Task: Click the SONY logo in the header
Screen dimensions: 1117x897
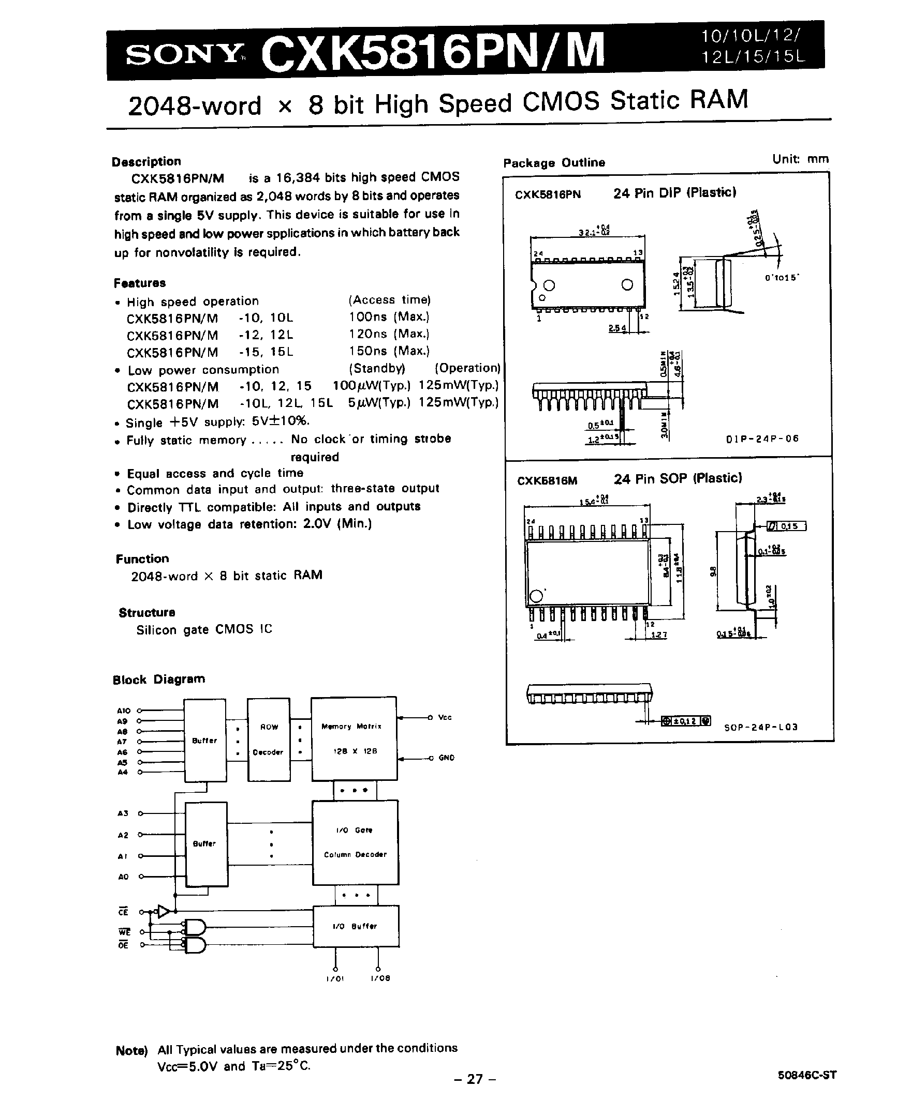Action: tap(184, 54)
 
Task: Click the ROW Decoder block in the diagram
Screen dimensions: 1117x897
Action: tap(269, 739)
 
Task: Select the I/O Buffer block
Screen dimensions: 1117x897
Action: tap(356, 926)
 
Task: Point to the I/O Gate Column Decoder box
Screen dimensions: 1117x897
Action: tap(355, 842)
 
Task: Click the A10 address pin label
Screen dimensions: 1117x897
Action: tap(123, 711)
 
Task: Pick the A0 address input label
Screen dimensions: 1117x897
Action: tap(123, 877)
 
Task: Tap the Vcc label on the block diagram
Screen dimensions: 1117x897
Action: tap(445, 718)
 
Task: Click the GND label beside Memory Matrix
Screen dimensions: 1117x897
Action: tap(446, 758)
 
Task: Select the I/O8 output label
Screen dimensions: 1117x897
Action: tap(380, 978)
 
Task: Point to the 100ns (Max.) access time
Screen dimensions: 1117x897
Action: tap(389, 316)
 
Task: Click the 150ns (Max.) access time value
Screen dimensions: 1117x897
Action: tap(389, 351)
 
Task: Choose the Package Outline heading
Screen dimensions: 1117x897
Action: tap(554, 163)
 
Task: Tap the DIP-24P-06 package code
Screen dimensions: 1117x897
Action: tap(762, 439)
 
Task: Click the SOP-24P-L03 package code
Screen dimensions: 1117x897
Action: tap(761, 728)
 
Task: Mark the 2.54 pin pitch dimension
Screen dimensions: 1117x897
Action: tap(617, 328)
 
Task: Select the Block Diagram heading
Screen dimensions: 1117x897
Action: tap(159, 679)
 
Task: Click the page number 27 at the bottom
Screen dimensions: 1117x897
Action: tap(475, 1079)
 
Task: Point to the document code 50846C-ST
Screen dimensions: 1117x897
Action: tap(807, 1075)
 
